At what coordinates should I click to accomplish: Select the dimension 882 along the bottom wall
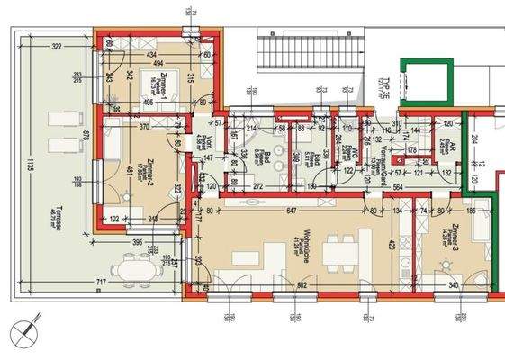303,285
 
